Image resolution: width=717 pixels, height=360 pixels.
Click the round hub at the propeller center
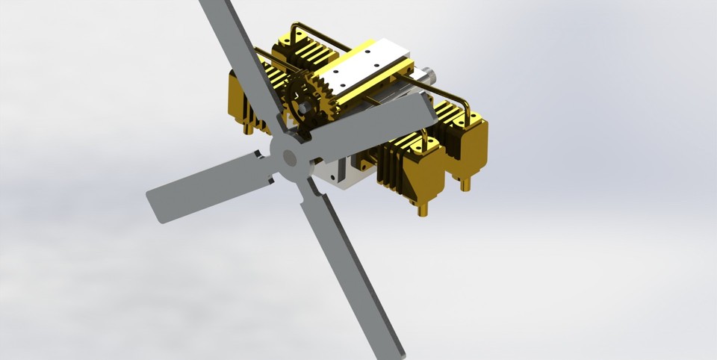point(287,156)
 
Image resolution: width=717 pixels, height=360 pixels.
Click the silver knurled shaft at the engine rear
point(428,75)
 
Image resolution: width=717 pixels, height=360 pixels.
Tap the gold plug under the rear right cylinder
point(465,183)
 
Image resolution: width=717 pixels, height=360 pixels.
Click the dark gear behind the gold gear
point(298,90)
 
